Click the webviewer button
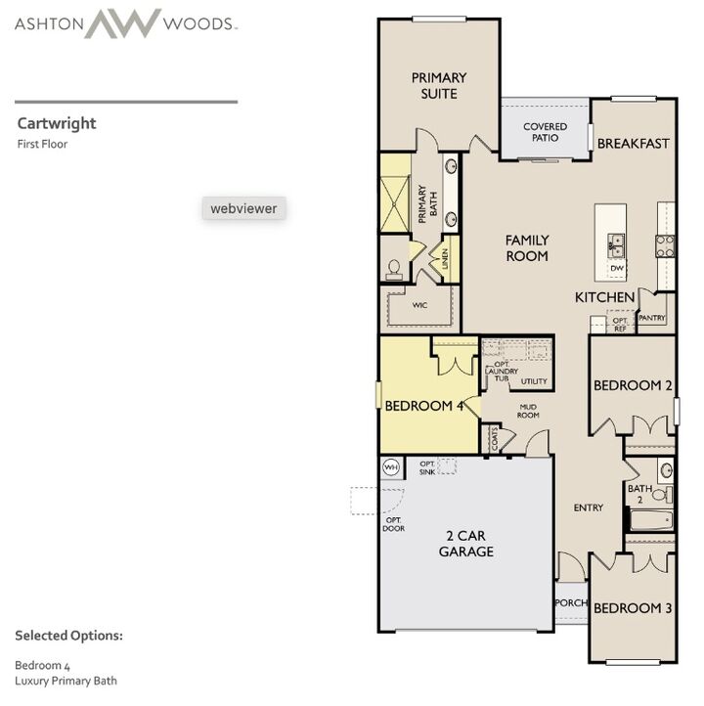243,208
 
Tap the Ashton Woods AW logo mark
122,22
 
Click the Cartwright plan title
57,123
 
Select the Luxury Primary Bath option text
66,681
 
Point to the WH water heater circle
391,467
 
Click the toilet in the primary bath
394,270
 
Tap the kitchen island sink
615,246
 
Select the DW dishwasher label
617,268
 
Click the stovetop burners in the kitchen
665,246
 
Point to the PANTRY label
652,318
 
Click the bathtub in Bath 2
651,520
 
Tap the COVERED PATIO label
545,132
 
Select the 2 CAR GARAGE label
465,544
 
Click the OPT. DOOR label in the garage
393,524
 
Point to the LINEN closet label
445,258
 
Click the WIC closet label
419,305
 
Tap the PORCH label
571,602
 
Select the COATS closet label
495,438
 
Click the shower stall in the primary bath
395,203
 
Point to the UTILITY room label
534,381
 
